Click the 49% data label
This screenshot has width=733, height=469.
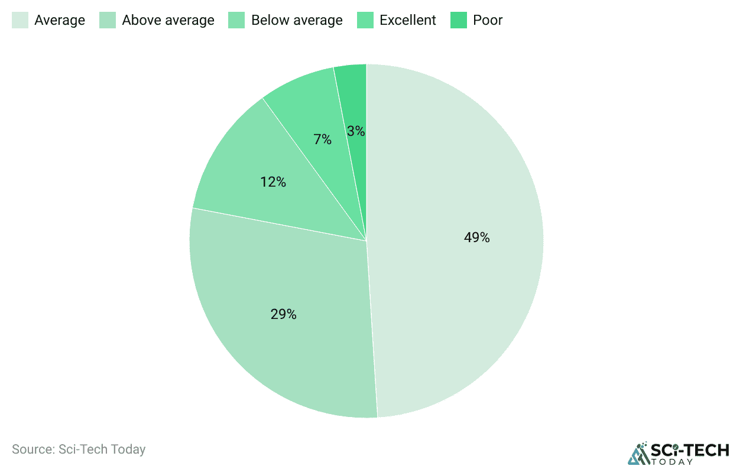(x=476, y=237)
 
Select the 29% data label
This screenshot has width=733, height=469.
(x=283, y=314)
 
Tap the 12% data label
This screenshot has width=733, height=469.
(x=273, y=182)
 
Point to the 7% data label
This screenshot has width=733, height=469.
(x=322, y=140)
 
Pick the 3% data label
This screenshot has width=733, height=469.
(x=356, y=131)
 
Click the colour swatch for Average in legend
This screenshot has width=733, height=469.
(x=20, y=20)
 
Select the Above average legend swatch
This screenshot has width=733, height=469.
(x=108, y=20)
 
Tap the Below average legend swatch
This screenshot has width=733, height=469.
(x=237, y=20)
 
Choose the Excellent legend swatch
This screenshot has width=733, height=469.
(x=365, y=20)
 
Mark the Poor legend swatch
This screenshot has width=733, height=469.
(x=459, y=20)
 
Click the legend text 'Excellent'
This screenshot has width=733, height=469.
(x=407, y=20)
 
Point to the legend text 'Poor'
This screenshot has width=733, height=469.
(x=488, y=20)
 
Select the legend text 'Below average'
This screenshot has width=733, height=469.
(x=297, y=20)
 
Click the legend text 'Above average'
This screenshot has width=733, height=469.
(x=168, y=20)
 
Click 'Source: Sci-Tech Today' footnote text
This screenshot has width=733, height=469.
(x=79, y=450)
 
